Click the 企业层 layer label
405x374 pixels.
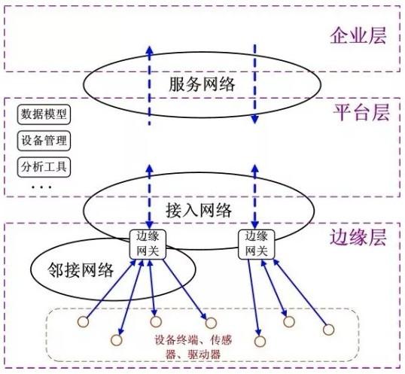tap(358, 35)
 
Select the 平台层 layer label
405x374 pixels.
tap(361, 113)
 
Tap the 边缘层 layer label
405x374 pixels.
tap(358, 237)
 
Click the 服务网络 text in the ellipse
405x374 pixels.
tap(202, 84)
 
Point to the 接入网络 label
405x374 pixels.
tap(199, 210)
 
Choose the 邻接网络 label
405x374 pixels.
tap(81, 270)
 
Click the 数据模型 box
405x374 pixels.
tap(44, 114)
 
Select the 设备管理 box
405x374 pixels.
tap(44, 141)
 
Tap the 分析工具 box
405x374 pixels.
tap(44, 167)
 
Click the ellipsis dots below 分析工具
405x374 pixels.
tap(41, 187)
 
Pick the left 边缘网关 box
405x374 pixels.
tap(148, 244)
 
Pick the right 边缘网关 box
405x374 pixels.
tap(256, 244)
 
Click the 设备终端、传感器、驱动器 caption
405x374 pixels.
tap(193, 347)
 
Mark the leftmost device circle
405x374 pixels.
tap(83, 321)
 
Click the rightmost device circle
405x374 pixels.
tap(328, 330)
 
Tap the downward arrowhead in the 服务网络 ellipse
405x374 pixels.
tap(255, 119)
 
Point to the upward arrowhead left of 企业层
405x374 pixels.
tap(149, 50)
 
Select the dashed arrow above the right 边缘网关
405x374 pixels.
tap(255, 196)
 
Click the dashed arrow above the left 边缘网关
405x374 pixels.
tap(149, 196)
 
